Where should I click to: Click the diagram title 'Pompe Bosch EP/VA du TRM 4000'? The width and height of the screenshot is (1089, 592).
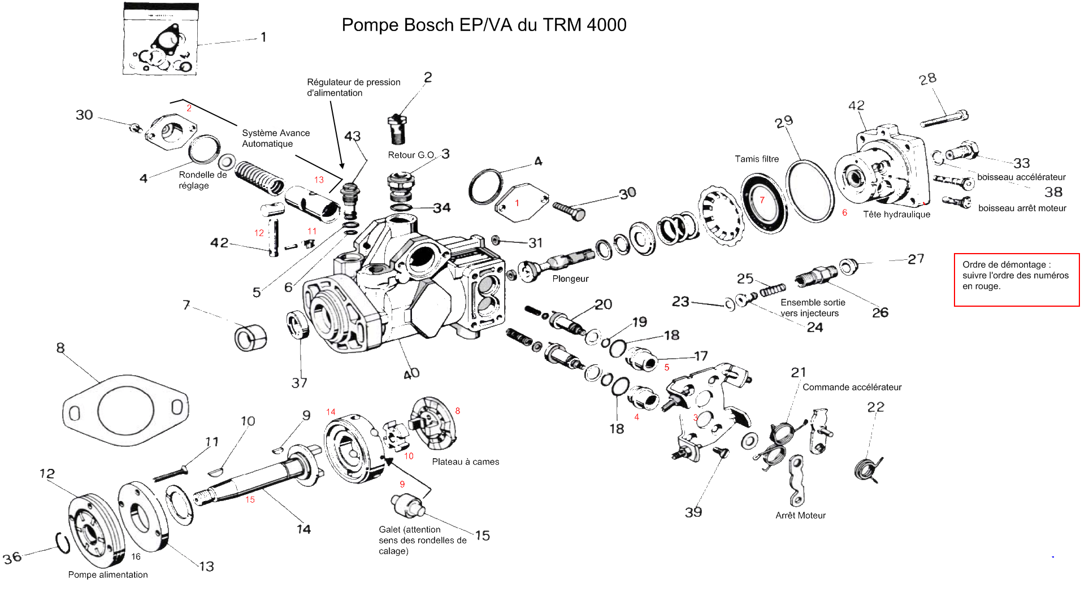pyautogui.click(x=484, y=25)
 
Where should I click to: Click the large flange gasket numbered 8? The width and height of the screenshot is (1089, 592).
pyautogui.click(x=125, y=411)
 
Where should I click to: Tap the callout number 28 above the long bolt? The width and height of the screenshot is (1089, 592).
pyautogui.click(x=927, y=79)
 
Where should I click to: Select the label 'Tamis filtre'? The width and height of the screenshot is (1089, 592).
pyautogui.click(x=756, y=159)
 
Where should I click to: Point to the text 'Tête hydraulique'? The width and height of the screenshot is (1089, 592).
pyautogui.click(x=896, y=215)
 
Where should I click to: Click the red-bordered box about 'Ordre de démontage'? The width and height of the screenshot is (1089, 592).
pyautogui.click(x=1016, y=280)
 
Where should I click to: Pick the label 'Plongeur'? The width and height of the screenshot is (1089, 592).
pyautogui.click(x=570, y=279)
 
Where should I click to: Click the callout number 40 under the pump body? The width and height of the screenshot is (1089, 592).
pyautogui.click(x=411, y=373)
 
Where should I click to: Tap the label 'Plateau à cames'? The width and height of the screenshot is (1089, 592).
pyautogui.click(x=465, y=462)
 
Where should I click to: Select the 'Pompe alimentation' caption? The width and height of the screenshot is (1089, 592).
pyautogui.click(x=108, y=575)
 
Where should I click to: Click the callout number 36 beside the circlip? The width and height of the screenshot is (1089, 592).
pyautogui.click(x=12, y=558)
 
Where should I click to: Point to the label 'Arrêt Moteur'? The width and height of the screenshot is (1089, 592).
pyautogui.click(x=800, y=516)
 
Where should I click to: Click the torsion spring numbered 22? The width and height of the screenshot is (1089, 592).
pyautogui.click(x=867, y=469)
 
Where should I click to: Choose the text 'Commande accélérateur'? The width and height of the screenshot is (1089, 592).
pyautogui.click(x=852, y=388)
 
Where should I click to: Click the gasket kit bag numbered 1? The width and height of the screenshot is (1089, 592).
pyautogui.click(x=160, y=40)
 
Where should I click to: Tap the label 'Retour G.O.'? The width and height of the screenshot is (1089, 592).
pyautogui.click(x=411, y=155)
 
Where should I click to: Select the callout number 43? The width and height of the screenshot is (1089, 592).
pyautogui.click(x=352, y=136)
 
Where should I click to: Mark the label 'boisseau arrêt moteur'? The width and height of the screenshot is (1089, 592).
pyautogui.click(x=1022, y=208)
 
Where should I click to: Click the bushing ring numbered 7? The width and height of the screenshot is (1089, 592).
pyautogui.click(x=250, y=338)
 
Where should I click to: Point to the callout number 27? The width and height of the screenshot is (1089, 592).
pyautogui.click(x=916, y=259)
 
